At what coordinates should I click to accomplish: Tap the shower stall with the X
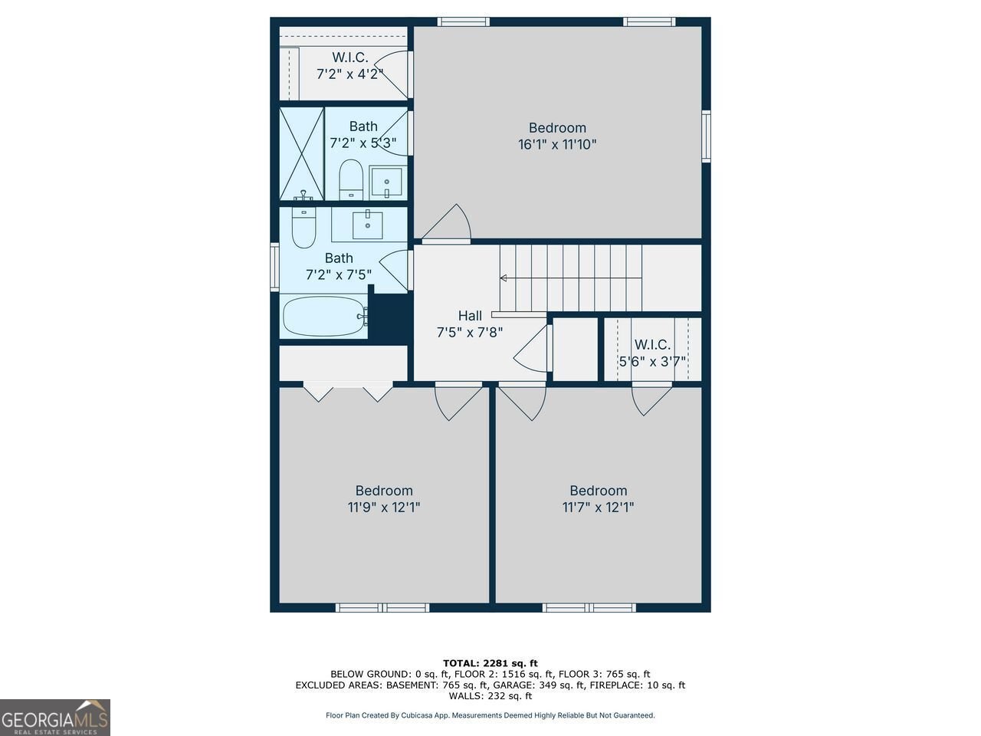tap(301, 153)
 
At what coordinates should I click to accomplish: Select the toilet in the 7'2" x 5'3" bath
tap(351, 179)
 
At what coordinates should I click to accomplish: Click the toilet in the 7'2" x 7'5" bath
tap(304, 228)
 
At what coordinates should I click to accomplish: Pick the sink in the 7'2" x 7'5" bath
tap(368, 225)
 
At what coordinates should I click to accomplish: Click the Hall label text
tap(470, 316)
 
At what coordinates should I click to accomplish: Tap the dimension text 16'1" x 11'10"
tap(557, 144)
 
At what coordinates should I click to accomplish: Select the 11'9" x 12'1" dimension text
tap(384, 507)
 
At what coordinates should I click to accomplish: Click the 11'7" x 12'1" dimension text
tap(598, 507)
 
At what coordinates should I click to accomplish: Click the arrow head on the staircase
tap(504, 278)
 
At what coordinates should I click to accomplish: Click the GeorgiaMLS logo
tap(55, 718)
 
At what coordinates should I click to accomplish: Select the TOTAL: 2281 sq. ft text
tap(490, 663)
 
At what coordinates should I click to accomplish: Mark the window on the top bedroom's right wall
tap(706, 136)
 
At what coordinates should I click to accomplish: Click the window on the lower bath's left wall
tap(274, 267)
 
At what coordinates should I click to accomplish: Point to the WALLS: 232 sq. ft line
tap(490, 696)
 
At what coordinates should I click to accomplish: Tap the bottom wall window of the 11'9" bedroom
tap(382, 608)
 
